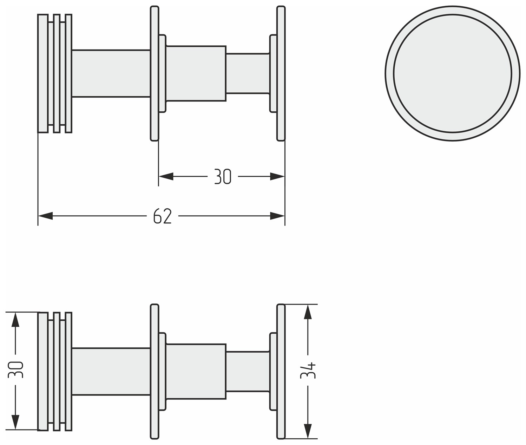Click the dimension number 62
tap(163, 216)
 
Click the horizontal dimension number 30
tap(223, 176)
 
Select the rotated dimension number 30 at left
tap(15, 369)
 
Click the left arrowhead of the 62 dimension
tap(45, 216)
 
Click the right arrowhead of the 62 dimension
tap(277, 216)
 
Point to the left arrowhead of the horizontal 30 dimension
tap(166, 176)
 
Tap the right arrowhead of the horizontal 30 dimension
tap(277, 176)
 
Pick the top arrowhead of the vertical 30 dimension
tap(15, 320)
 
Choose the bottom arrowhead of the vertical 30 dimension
tap(15, 423)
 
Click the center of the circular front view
tap(453, 73)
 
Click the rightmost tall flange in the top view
tap(281, 73)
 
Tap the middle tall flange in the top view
tap(154, 73)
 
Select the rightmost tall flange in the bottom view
tap(281, 372)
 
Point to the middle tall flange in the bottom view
tap(154, 372)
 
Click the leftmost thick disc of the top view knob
tap(43, 73)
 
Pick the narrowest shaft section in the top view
tap(248, 73)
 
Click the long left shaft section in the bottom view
tap(111, 372)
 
